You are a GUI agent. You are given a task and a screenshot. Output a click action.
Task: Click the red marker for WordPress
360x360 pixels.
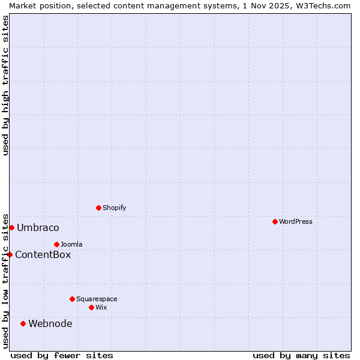coord(275,221)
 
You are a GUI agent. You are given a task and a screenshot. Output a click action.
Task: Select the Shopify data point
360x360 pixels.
coord(98,208)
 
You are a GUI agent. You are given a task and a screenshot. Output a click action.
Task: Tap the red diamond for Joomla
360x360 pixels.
coord(56,244)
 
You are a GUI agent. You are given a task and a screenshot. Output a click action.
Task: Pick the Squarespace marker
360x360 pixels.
coord(72,299)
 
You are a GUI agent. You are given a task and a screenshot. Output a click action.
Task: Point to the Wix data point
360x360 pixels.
coord(91,307)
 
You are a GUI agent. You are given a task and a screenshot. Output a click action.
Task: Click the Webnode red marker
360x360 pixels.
coord(23,323)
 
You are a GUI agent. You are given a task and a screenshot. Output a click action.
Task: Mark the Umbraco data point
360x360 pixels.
coord(11,227)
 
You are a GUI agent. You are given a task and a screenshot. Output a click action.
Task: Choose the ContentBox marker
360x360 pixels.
coord(10,254)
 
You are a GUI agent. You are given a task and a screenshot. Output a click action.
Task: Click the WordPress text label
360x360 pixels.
coord(295,221)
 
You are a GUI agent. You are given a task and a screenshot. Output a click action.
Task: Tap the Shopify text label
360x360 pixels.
coord(114,208)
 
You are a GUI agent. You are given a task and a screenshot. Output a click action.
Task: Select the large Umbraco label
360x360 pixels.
coord(38,227)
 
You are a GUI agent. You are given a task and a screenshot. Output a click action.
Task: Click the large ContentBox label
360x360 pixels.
coord(43,254)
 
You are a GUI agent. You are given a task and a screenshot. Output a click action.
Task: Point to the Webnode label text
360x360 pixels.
coord(50,323)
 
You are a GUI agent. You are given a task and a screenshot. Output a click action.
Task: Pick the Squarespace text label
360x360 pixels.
coord(97,299)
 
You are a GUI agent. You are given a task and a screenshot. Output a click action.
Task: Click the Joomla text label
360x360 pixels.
coord(71,244)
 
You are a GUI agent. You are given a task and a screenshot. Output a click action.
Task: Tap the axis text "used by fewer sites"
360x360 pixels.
coord(62,355)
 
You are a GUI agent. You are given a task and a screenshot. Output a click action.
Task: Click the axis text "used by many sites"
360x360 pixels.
coord(301,355)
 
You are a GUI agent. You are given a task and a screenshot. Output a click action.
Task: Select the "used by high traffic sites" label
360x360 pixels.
coord(5,85)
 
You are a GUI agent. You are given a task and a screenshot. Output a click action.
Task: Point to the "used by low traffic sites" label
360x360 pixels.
coord(5,280)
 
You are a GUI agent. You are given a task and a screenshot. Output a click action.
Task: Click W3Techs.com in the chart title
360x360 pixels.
coord(322,5)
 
